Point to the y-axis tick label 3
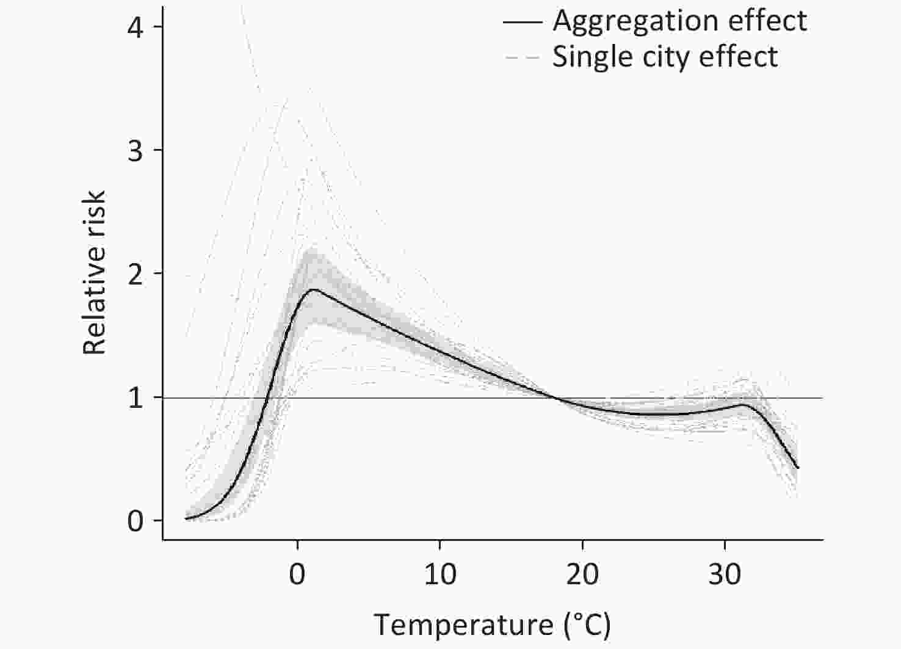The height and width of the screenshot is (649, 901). click(136, 151)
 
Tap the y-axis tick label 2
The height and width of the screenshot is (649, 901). click(136, 274)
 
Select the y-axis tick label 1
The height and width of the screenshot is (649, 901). click(136, 398)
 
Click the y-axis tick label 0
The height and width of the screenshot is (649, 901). click(136, 521)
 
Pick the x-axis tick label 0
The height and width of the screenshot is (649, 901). click(297, 575)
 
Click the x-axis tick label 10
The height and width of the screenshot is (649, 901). click(440, 575)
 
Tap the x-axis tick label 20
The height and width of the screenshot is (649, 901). click(582, 575)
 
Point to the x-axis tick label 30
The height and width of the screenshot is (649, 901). click(725, 575)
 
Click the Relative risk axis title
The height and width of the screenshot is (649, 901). click(95, 272)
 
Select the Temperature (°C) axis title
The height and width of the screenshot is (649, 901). click(492, 625)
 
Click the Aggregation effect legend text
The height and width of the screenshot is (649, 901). click(680, 21)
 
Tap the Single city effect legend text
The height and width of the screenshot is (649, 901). click(665, 57)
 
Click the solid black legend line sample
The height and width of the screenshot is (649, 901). click(523, 22)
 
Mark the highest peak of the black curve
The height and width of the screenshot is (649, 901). click(314, 289)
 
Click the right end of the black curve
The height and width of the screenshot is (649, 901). click(798, 468)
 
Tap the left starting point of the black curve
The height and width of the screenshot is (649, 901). click(186, 518)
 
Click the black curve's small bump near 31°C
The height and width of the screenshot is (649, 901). click(744, 404)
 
